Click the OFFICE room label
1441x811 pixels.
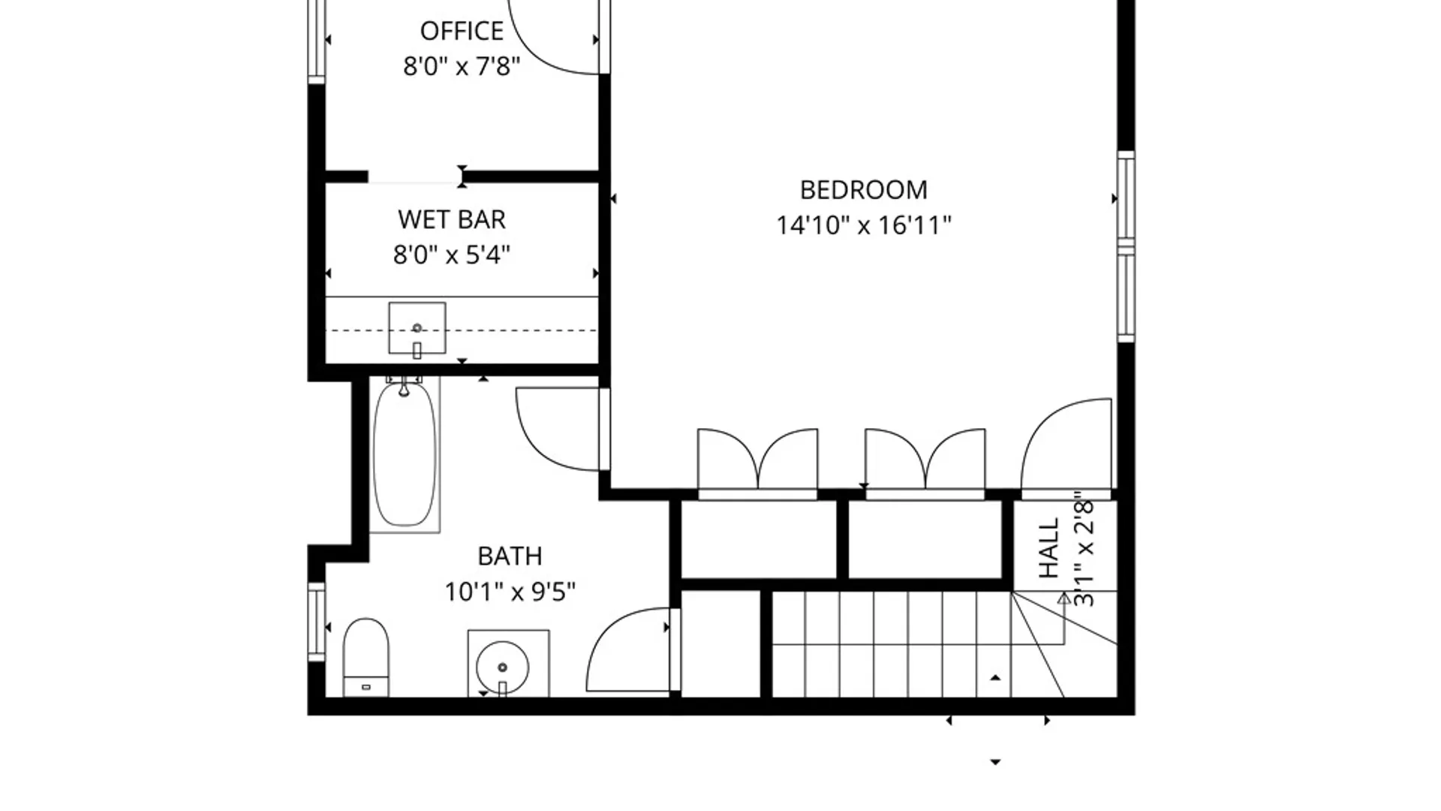(462, 31)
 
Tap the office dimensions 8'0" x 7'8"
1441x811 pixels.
(462, 67)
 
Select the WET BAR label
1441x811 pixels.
(452, 219)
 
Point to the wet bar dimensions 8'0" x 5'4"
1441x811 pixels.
(452, 255)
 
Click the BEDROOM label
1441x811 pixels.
(864, 190)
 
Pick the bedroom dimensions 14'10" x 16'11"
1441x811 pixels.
(864, 225)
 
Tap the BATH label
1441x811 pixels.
(510, 556)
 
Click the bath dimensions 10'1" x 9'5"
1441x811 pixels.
(510, 592)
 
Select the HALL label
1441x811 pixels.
(1048, 547)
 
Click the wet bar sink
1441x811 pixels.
(417, 328)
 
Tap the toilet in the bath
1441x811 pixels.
(366, 658)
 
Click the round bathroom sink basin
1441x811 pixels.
(502, 667)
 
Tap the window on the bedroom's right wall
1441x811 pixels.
(1126, 246)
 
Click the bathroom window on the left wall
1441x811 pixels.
(317, 623)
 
